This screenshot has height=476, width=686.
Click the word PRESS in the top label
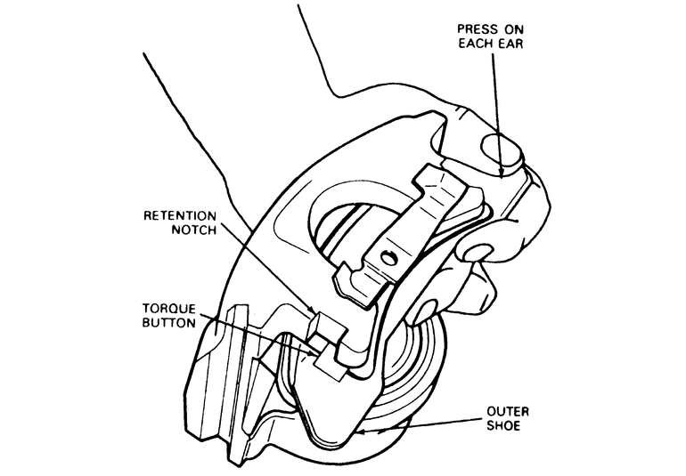(x=475, y=28)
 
